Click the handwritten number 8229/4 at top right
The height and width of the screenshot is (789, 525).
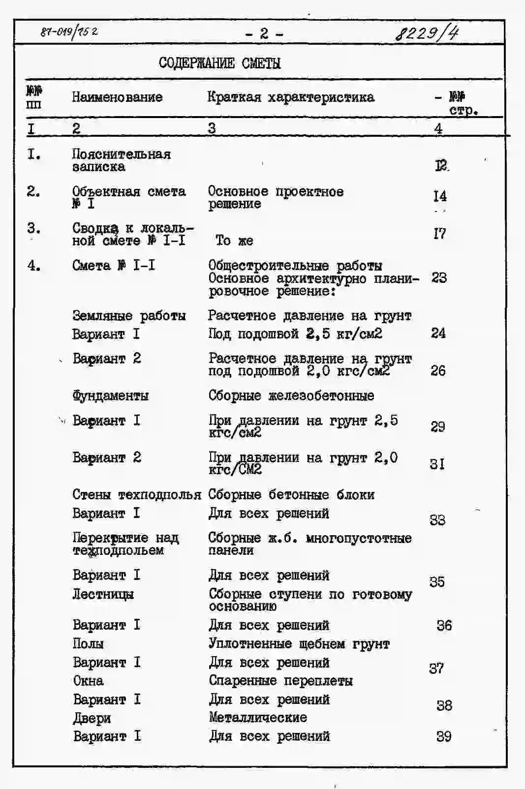point(426,34)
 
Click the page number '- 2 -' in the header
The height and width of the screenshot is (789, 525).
point(264,33)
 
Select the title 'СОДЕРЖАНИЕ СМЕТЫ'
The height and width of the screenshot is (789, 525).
point(219,63)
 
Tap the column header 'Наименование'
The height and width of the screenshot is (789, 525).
point(117,97)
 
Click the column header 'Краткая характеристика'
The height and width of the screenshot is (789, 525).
point(290,97)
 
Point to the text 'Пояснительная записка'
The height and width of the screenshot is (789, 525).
point(121,160)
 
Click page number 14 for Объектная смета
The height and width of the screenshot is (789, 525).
point(440,196)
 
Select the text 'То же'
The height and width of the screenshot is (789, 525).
point(234,241)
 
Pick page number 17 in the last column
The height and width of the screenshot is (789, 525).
point(440,234)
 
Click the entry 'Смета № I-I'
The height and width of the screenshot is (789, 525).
point(114,266)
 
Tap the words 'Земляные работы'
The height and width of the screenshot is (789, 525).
point(129,315)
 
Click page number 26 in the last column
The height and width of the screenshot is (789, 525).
point(438,370)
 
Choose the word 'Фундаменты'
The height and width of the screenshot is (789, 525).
point(110,395)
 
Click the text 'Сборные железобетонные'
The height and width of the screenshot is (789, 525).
point(291,395)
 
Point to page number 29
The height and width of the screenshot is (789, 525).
point(438,426)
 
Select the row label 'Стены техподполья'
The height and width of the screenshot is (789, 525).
point(136,494)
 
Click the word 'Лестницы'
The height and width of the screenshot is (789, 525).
point(103,594)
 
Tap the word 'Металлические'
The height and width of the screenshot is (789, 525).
point(258,718)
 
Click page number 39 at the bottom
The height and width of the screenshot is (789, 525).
point(444,736)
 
